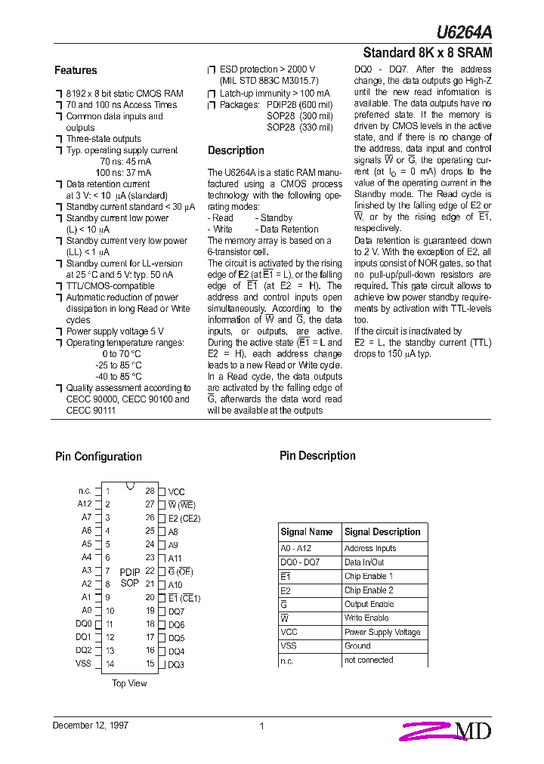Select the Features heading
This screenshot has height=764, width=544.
[x=76, y=70]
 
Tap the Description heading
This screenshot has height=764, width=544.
[x=236, y=150]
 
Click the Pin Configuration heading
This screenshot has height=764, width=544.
[x=98, y=456]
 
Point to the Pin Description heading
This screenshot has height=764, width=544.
[x=317, y=455]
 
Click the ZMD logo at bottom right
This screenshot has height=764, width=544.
[x=448, y=730]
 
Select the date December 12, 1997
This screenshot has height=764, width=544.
[x=91, y=725]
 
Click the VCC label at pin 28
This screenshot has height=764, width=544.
[x=176, y=491]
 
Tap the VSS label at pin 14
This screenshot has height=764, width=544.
[x=83, y=664]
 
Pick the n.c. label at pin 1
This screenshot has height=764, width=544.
[x=85, y=491]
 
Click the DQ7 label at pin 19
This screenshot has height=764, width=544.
[x=176, y=612]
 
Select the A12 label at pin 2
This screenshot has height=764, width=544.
[x=84, y=504]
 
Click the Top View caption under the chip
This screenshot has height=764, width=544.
[x=129, y=683]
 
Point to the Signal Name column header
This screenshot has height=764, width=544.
[x=307, y=531]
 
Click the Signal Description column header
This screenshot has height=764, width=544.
[x=382, y=531]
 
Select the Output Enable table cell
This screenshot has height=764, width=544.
[x=369, y=604]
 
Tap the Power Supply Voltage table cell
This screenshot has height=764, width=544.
[x=382, y=632]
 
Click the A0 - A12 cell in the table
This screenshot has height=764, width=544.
[x=295, y=549]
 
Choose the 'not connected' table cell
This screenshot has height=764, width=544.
[x=369, y=660]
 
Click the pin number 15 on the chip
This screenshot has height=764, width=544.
[x=150, y=664]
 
